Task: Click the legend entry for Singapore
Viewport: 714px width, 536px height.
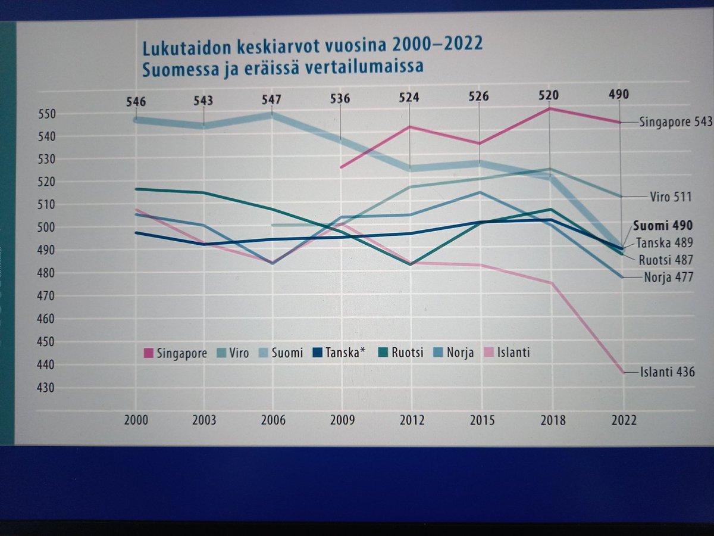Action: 175,353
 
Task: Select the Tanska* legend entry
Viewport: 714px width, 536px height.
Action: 339,353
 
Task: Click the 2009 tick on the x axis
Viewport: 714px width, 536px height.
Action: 342,420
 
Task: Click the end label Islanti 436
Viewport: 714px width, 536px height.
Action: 667,372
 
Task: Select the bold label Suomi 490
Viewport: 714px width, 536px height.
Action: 662,226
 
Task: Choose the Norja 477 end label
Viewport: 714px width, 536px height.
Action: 668,277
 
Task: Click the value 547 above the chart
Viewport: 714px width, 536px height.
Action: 271,100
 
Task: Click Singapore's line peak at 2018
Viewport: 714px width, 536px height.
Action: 550,108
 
